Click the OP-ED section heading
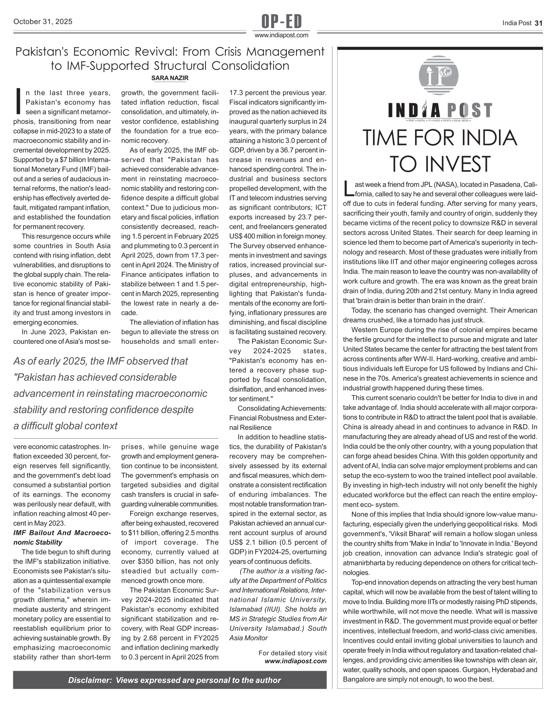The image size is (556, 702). (x=281, y=22)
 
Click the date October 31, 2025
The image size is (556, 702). (x=43, y=22)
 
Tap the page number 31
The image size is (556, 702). (x=538, y=23)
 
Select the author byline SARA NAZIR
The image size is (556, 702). (x=170, y=78)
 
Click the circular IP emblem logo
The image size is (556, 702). (x=439, y=76)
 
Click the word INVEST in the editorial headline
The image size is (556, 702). (x=440, y=164)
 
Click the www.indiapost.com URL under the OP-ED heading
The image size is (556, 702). (x=281, y=35)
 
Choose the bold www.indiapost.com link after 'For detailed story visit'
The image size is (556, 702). (x=296, y=661)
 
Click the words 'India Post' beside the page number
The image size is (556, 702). (x=517, y=23)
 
